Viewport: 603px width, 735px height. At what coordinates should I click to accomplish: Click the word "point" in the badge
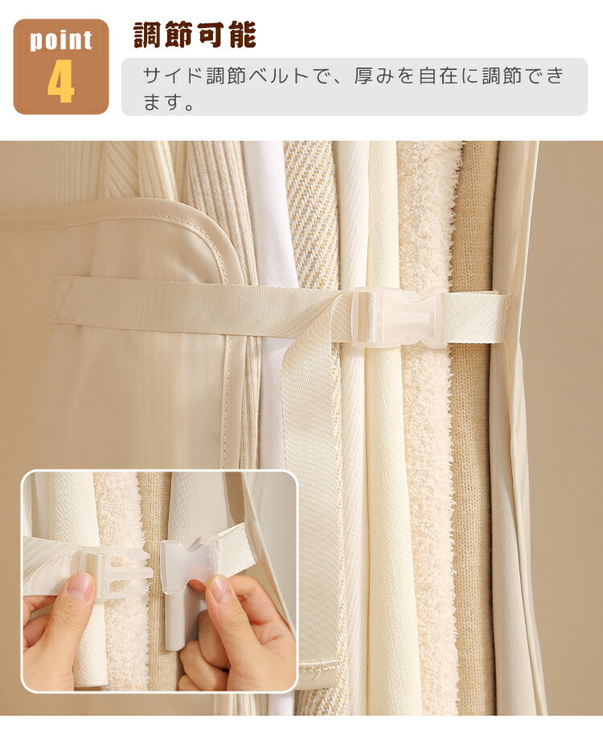(x=61, y=40)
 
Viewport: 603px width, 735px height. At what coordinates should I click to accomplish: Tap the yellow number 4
(x=61, y=81)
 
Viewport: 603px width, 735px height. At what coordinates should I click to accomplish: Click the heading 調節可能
(x=195, y=35)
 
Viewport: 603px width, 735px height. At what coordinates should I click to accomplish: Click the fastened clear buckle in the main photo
(x=397, y=318)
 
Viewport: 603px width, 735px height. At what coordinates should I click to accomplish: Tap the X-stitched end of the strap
(x=64, y=299)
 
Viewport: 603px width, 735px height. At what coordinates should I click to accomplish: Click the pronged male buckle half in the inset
(x=117, y=573)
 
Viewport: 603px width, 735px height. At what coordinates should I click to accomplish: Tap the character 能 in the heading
(x=242, y=35)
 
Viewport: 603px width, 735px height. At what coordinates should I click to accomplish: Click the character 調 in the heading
(x=148, y=35)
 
